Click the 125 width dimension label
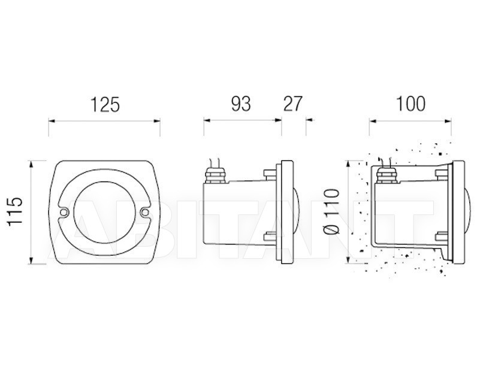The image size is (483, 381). [x=104, y=104]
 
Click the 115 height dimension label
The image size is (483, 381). [x=16, y=211]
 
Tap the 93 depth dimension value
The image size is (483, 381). [x=241, y=104]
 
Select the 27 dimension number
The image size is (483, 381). [x=292, y=104]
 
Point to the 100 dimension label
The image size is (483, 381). [x=410, y=104]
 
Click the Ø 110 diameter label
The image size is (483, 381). [x=332, y=211]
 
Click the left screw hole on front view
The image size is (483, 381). [x=64, y=212]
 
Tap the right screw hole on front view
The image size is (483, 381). [x=144, y=211]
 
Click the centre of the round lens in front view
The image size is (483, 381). [x=104, y=212]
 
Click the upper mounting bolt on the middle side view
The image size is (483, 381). [x=270, y=173]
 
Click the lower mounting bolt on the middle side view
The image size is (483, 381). [x=270, y=236]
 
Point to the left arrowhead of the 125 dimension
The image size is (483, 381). [x=52, y=121]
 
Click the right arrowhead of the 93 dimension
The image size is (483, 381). [x=278, y=120]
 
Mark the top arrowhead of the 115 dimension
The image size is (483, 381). [x=31, y=164]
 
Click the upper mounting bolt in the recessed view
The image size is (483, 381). [x=442, y=173]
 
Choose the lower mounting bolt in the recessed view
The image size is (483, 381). [x=442, y=236]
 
